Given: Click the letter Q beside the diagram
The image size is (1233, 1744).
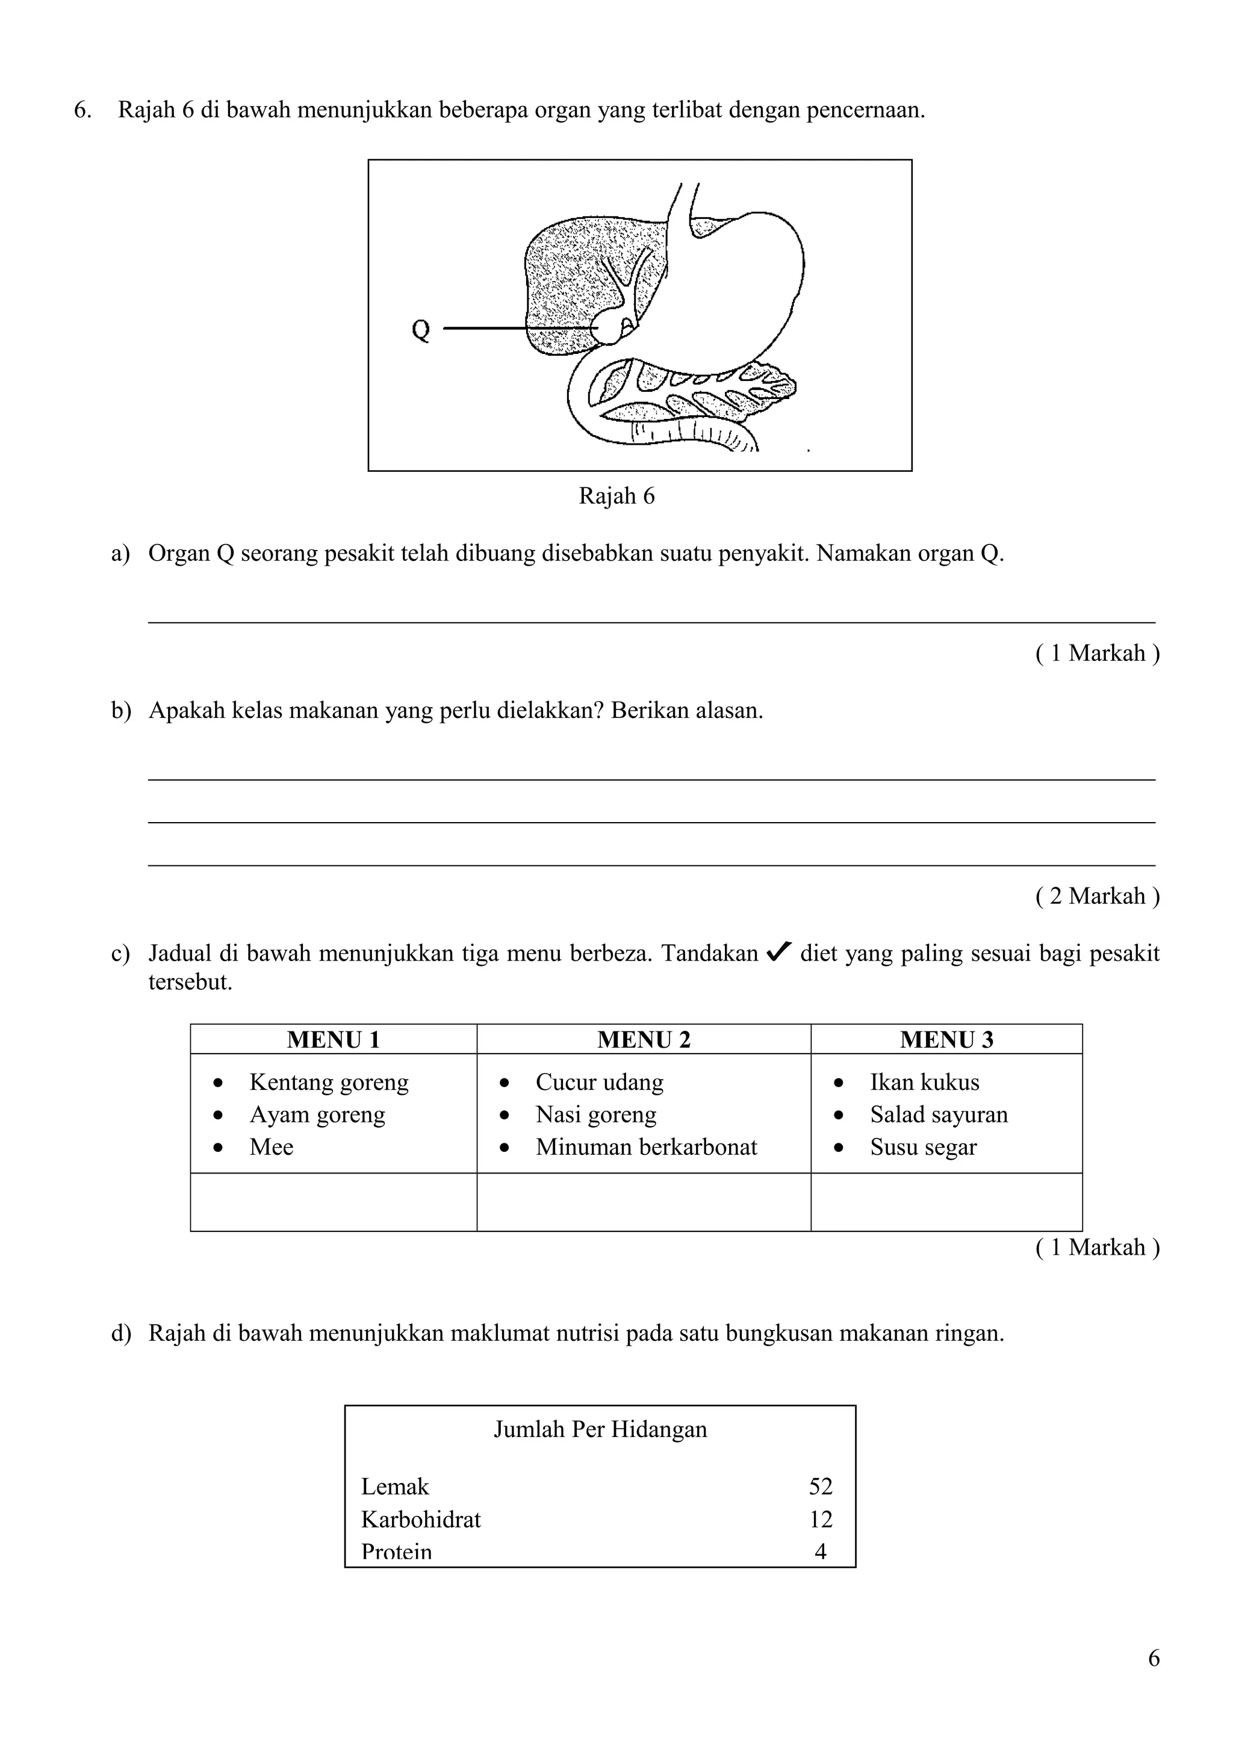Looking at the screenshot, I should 420,330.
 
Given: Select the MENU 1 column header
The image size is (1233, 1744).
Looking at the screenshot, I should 334,1039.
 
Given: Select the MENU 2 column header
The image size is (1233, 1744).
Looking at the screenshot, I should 644,1039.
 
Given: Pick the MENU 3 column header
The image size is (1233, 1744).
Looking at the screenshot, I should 946,1039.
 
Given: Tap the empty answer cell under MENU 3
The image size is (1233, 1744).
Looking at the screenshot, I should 946,1202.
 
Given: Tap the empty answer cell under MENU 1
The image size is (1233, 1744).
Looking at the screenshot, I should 334,1202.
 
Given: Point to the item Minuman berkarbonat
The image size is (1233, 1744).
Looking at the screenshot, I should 646,1146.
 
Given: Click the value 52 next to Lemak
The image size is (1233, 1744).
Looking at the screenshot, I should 821,1486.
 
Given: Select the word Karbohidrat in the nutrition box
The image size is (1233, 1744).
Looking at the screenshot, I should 421,1519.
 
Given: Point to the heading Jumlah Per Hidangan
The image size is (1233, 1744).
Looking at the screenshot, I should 600,1429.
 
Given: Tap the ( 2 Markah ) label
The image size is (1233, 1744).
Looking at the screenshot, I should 1097,895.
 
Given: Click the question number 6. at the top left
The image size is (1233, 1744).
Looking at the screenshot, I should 82,110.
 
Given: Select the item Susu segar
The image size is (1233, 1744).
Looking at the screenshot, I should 923,1146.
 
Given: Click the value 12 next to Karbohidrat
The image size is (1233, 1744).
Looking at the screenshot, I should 821,1519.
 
